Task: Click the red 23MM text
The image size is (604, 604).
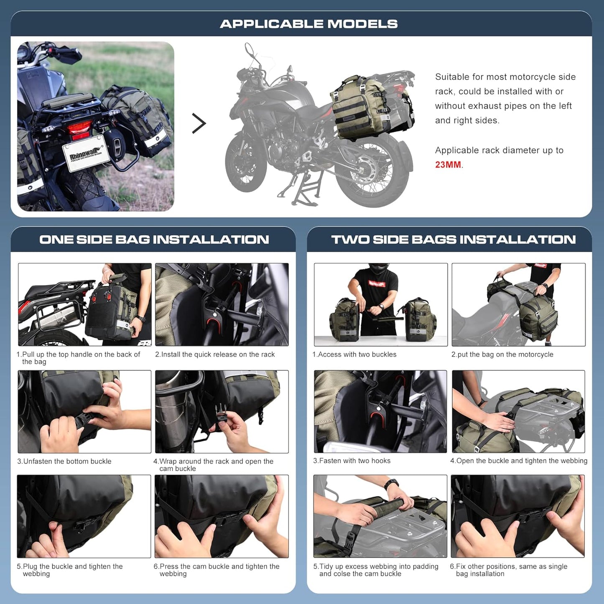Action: tap(448, 165)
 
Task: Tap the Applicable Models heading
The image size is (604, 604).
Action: tap(309, 24)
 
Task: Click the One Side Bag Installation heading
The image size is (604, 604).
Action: tap(154, 240)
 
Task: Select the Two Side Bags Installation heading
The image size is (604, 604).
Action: tap(453, 240)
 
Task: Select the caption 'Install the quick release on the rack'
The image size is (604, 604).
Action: tap(215, 354)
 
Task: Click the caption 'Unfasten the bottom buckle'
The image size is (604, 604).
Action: tap(64, 461)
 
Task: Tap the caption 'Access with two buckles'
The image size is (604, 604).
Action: tap(354, 354)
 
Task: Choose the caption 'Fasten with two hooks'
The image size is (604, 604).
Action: tap(352, 461)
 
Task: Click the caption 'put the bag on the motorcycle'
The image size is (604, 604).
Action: tap(502, 354)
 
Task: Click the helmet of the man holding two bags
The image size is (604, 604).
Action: tap(378, 268)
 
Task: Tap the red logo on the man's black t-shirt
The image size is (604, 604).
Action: tap(377, 284)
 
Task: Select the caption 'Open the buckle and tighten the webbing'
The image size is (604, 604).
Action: tap(519, 461)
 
